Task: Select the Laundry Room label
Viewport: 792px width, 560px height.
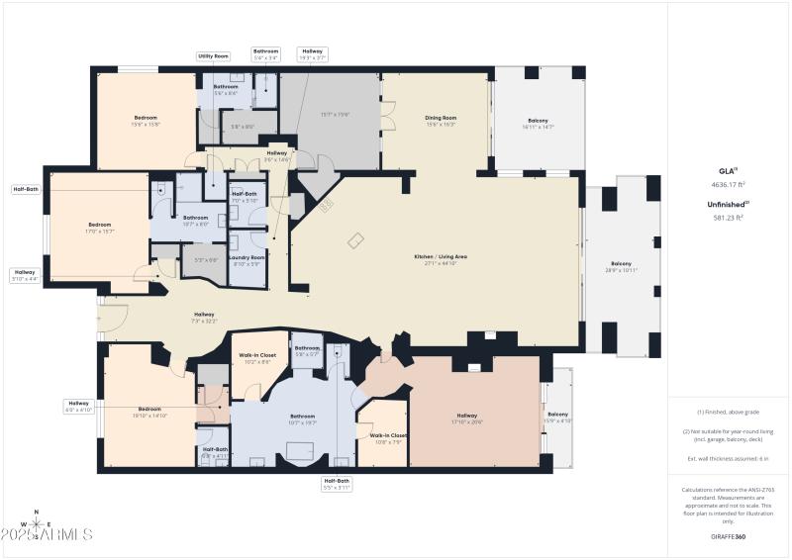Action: (x=247, y=260)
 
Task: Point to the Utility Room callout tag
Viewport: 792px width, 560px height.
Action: (x=213, y=56)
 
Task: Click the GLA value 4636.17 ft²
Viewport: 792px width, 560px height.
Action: (x=730, y=184)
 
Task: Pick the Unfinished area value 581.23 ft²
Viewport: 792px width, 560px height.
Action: (x=730, y=217)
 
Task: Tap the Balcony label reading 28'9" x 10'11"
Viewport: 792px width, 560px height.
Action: (x=621, y=266)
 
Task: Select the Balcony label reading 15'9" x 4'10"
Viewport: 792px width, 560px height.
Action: (x=557, y=417)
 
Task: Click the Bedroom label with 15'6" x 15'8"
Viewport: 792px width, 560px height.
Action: (x=146, y=121)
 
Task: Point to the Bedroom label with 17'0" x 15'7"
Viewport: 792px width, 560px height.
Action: (x=101, y=227)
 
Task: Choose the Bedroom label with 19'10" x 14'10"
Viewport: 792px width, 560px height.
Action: (x=149, y=412)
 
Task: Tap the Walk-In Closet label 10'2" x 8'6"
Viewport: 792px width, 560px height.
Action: (x=259, y=357)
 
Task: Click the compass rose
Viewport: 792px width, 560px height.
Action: (x=37, y=533)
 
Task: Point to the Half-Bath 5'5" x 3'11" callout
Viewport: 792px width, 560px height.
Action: (x=337, y=484)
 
